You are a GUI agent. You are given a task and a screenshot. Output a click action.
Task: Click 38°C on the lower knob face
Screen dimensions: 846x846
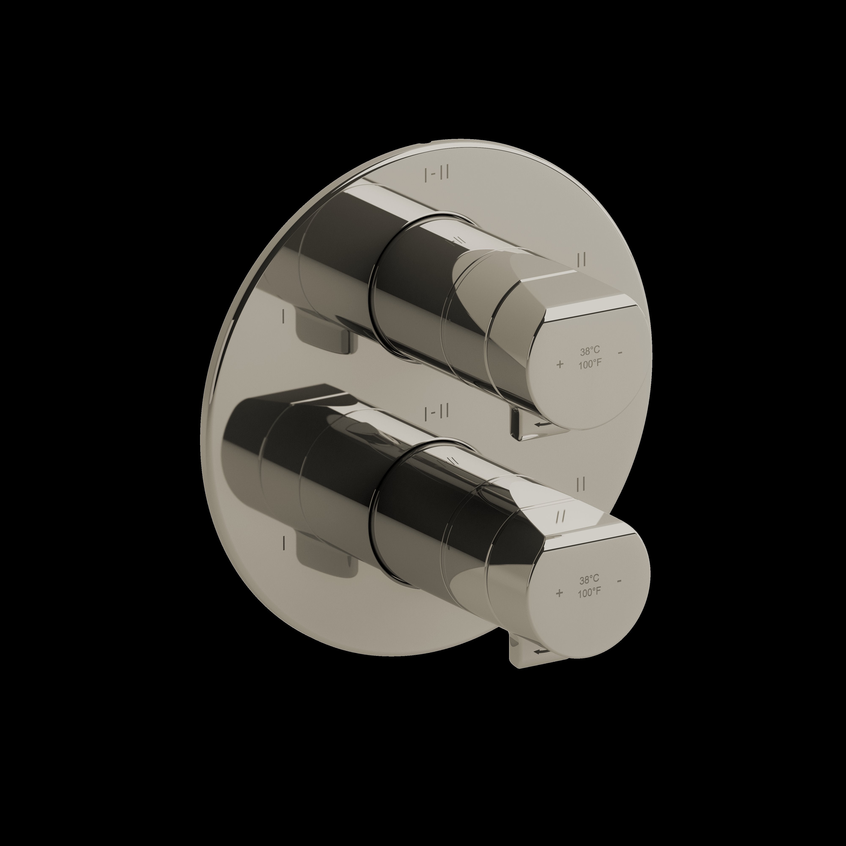click(x=589, y=580)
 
